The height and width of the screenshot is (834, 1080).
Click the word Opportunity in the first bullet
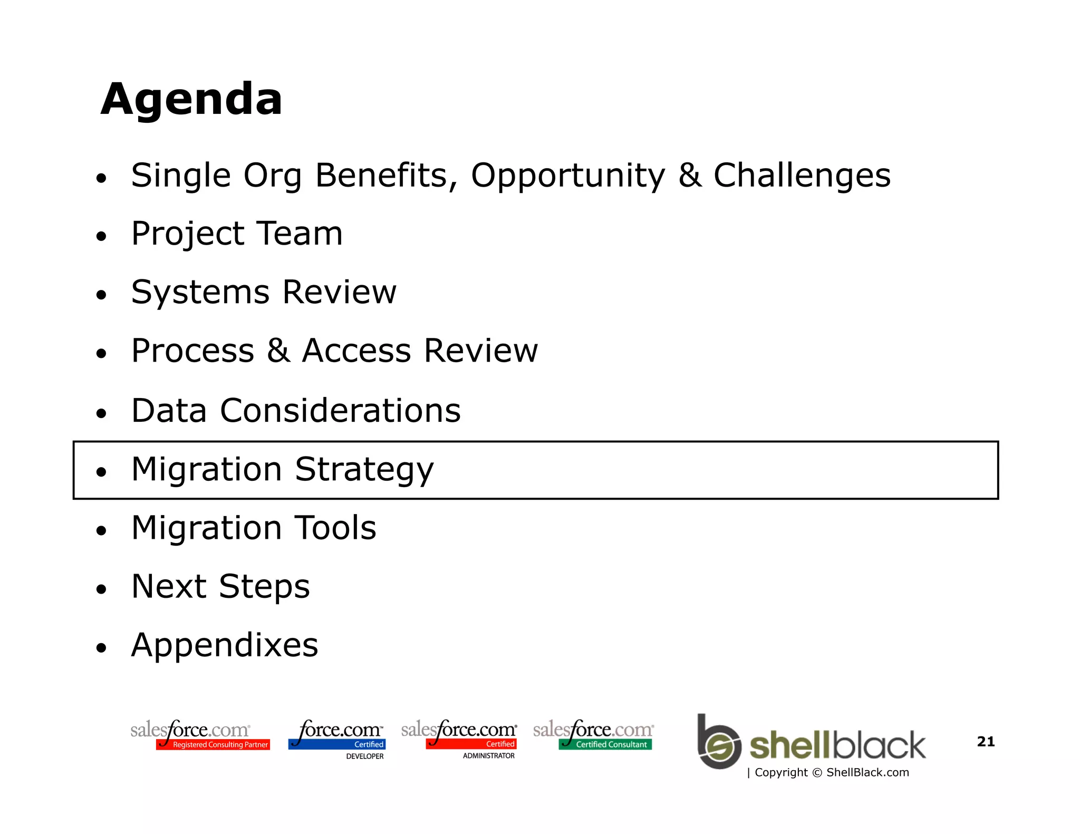568,176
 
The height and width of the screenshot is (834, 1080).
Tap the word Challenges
802,176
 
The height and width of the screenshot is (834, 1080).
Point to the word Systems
200,293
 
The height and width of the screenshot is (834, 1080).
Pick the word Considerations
340,411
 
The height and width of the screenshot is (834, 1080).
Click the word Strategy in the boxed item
364,470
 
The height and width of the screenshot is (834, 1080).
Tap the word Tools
335,528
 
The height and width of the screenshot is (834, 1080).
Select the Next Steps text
220,586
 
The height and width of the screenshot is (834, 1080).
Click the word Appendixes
225,645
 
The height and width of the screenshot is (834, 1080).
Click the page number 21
986,741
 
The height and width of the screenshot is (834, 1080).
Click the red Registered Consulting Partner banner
213,744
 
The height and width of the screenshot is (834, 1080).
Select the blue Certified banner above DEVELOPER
337,744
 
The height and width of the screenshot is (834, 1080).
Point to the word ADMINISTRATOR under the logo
488,756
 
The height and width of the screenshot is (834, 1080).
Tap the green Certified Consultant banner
605,744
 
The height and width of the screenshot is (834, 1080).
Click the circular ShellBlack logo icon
718,744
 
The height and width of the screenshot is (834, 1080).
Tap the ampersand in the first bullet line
690,176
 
